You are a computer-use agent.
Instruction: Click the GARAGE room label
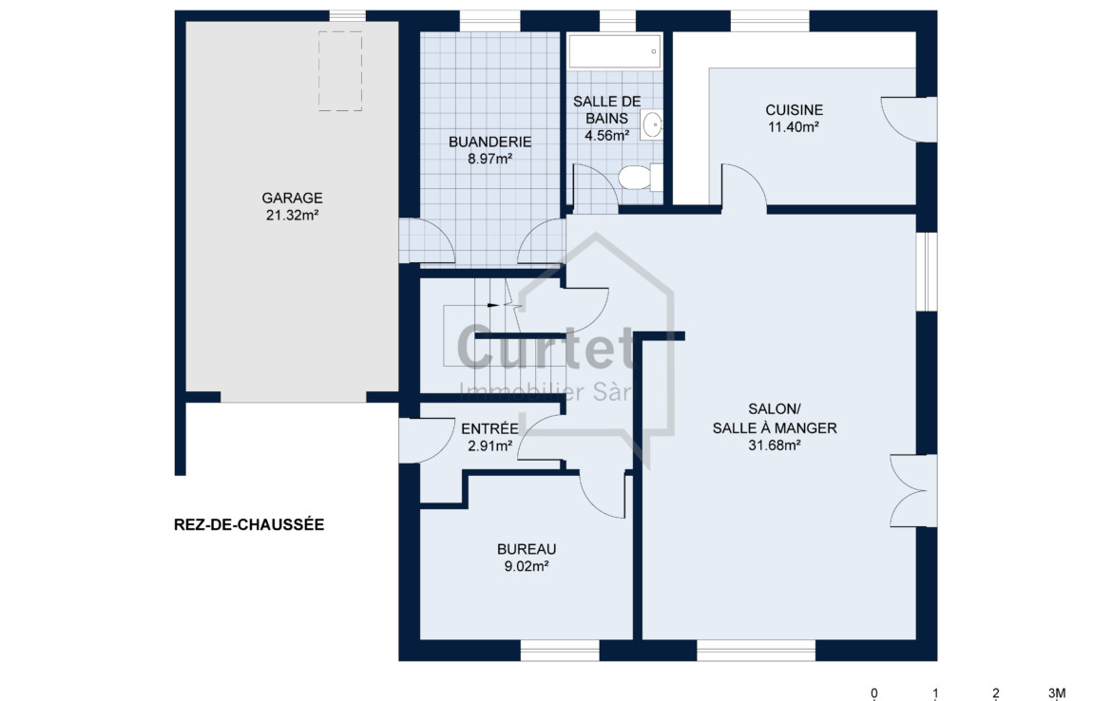click(x=292, y=199)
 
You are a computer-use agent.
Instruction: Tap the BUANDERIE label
click(x=490, y=142)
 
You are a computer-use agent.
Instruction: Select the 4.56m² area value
click(x=607, y=135)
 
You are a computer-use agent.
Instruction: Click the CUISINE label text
click(x=795, y=110)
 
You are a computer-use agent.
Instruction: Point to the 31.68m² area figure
click(x=775, y=445)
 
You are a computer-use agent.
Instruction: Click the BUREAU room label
click(x=527, y=549)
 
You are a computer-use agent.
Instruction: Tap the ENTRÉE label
click(x=490, y=428)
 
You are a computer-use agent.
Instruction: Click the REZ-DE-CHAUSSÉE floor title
click(x=249, y=524)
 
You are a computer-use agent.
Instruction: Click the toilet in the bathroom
click(x=640, y=178)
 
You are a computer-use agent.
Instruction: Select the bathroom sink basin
click(x=652, y=125)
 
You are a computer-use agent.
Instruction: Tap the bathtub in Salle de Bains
click(x=615, y=51)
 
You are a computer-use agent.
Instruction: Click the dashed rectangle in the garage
click(x=339, y=71)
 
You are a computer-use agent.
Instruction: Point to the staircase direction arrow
click(x=493, y=305)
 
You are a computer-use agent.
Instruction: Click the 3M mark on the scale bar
click(x=1057, y=692)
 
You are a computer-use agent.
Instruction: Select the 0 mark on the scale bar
click(x=874, y=692)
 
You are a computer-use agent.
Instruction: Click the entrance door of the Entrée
click(x=426, y=440)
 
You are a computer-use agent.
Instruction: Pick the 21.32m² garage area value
click(x=292, y=216)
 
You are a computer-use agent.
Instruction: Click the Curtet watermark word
click(x=545, y=348)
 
